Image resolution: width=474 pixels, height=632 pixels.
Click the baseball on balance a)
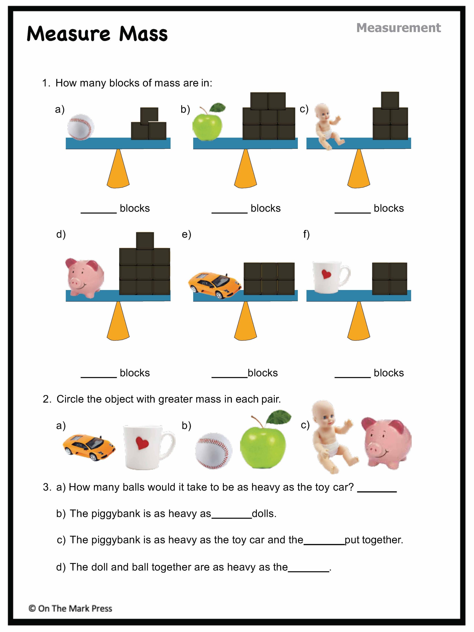coord(81,127)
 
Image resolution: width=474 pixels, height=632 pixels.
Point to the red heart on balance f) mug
coord(326,274)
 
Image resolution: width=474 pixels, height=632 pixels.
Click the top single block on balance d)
coord(145,241)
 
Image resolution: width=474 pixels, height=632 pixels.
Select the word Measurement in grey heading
coord(399,28)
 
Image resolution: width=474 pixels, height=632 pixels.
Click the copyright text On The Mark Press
coord(70,609)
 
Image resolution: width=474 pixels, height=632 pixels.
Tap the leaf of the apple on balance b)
coord(218,108)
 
